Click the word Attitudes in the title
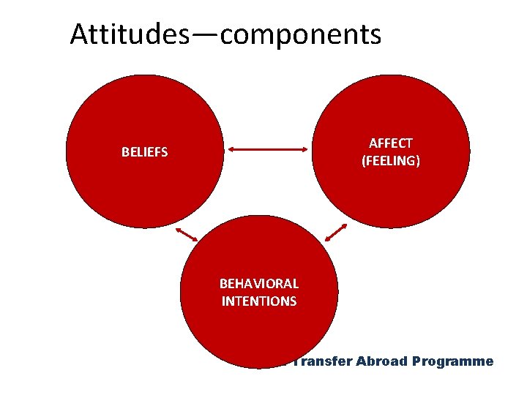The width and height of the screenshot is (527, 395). coord(129,34)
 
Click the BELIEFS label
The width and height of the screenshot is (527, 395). coord(144,153)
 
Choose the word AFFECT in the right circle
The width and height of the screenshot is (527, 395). coord(391,143)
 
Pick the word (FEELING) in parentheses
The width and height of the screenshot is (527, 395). coord(391,160)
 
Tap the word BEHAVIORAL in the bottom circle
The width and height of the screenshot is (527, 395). coord(259,284)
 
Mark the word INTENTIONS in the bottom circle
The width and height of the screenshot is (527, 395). coord(259,301)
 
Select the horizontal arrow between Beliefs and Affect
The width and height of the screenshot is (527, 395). coord(268,149)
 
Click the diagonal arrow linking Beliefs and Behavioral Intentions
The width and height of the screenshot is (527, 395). coord(186,233)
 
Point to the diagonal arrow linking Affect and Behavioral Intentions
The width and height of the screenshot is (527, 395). coord(336,233)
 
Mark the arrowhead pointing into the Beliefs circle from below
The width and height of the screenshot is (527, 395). coord(178,227)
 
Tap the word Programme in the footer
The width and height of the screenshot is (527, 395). coord(453,361)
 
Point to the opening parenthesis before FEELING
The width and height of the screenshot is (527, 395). coord(364,160)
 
